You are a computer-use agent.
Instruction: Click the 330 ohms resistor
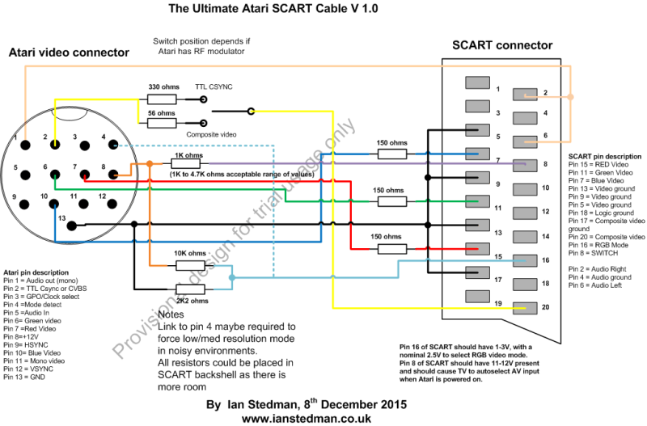(164, 99)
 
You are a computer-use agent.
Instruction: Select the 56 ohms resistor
(164, 122)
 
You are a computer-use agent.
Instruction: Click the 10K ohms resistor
(188, 266)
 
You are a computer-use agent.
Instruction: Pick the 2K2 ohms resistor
(188, 289)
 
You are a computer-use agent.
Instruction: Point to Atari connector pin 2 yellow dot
(54, 145)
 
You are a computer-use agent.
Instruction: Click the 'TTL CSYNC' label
(214, 86)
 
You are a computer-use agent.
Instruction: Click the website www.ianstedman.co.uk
(306, 418)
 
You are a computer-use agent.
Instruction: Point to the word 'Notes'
(172, 314)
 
